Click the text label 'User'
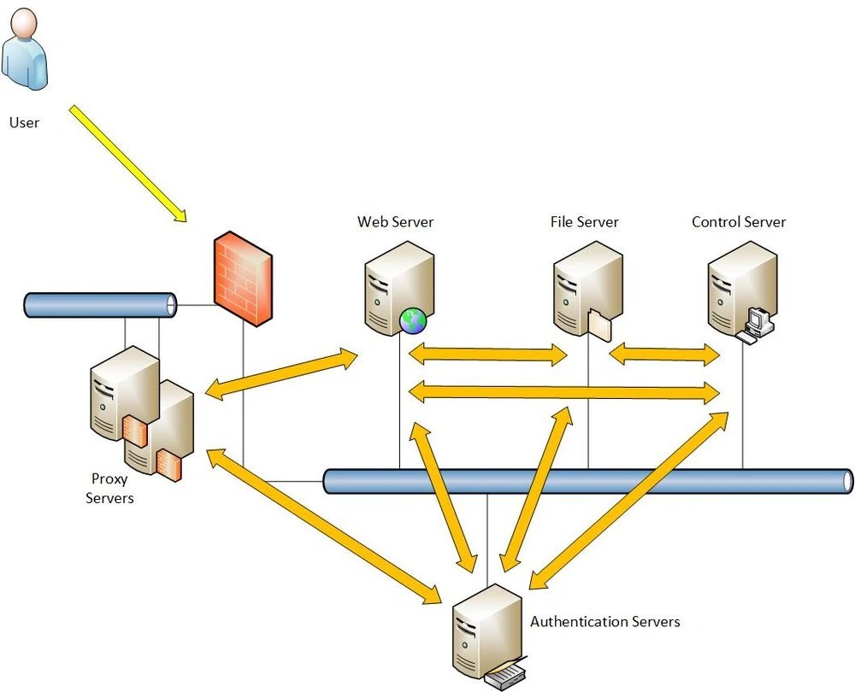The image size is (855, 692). (24, 122)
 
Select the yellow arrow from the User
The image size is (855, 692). (128, 163)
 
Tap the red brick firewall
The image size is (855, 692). (243, 278)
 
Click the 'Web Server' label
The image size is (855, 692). (395, 222)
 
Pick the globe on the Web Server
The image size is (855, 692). (413, 321)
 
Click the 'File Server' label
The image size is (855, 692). (584, 222)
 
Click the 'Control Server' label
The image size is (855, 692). (739, 222)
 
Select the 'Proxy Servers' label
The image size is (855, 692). (110, 489)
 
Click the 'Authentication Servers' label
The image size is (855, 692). (604, 622)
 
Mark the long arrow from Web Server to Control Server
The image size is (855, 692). (564, 392)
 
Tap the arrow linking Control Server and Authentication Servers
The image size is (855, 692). (628, 501)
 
